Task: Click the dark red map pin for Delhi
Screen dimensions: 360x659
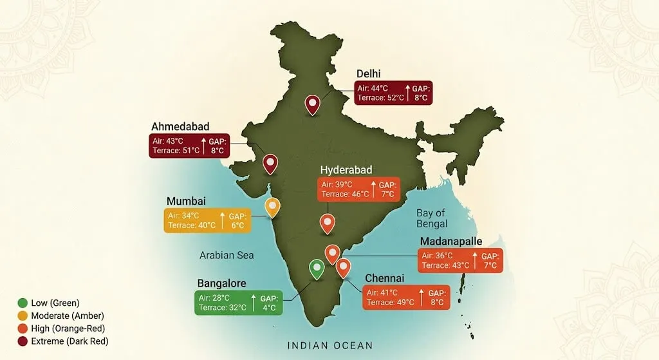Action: click(313, 104)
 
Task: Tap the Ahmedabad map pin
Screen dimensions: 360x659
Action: click(270, 163)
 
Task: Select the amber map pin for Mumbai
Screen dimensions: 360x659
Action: click(273, 207)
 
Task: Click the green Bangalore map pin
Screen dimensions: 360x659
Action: click(316, 268)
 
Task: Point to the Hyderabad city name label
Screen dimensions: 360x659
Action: click(347, 169)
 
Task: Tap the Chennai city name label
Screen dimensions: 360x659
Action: click(384, 278)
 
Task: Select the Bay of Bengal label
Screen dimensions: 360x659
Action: click(432, 218)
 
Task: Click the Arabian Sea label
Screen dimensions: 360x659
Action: click(227, 255)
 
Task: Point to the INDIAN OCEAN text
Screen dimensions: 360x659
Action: click(330, 346)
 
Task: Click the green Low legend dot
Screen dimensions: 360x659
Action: click(23, 303)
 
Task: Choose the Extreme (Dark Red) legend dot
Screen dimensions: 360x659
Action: click(23, 341)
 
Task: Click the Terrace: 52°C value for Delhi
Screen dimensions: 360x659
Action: click(380, 98)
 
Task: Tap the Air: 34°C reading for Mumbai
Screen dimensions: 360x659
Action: click(183, 216)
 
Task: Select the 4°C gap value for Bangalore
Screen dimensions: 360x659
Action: click(269, 308)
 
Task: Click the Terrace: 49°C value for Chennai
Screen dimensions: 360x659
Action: click(391, 302)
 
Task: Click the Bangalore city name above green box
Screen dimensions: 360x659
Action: click(221, 283)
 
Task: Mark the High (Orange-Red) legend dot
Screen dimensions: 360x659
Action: click(23, 328)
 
